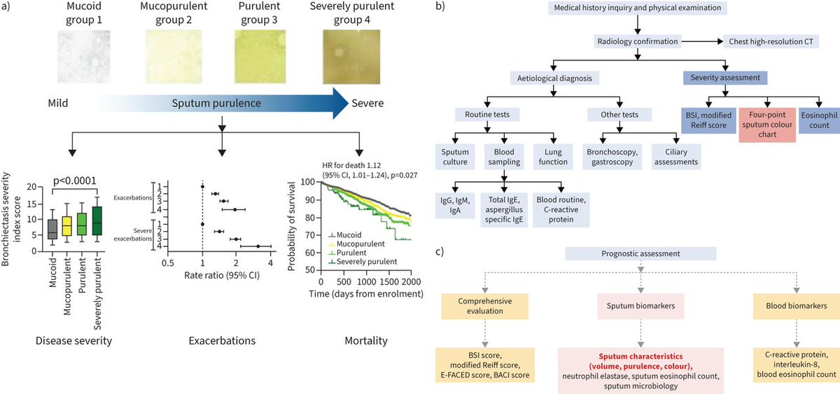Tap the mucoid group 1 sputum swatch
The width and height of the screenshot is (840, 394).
tap(84, 57)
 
